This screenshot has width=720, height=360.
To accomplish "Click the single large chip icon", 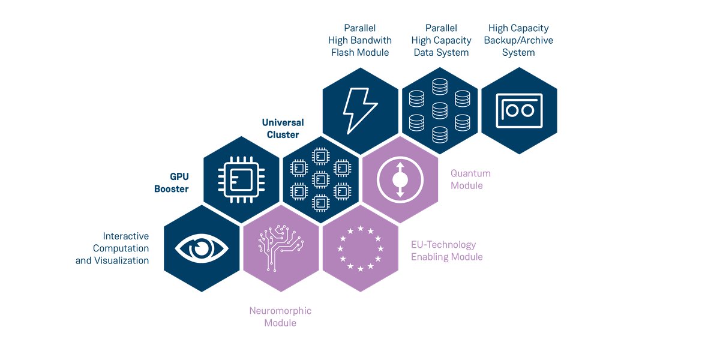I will tap(241, 178).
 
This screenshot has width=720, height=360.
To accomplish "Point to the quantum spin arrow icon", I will tap(400, 179).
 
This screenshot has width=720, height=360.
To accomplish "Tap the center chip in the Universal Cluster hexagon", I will tap(320, 178).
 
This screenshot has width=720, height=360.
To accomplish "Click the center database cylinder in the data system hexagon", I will tap(440, 110).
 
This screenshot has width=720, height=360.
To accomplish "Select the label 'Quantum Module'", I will tap(471, 179).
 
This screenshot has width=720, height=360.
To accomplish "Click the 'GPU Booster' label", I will tap(172, 182).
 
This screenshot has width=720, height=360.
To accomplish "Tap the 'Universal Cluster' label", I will tap(283, 128).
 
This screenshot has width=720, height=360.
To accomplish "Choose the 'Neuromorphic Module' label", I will tap(280, 317).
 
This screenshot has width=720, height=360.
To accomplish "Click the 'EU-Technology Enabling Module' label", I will tap(446, 251).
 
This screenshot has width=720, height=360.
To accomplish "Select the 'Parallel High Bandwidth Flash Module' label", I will tap(359, 40).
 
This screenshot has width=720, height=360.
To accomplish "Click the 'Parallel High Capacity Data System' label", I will tap(440, 40).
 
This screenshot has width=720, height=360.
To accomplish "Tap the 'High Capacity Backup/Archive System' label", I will tap(519, 40).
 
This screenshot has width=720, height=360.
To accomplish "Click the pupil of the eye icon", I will tap(202, 248).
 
